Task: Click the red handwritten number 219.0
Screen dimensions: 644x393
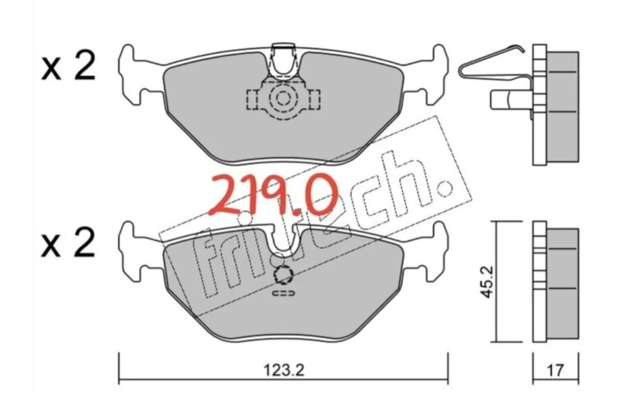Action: (274, 195)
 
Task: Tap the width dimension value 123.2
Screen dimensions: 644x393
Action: (283, 370)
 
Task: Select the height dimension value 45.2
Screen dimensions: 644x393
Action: (488, 282)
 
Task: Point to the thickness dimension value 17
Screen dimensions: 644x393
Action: (555, 370)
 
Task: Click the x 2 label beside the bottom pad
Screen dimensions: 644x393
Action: (68, 243)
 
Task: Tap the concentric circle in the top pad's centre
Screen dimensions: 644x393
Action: (283, 98)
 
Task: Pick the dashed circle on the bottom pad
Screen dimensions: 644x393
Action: (283, 275)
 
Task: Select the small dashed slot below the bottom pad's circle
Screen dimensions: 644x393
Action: (283, 294)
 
